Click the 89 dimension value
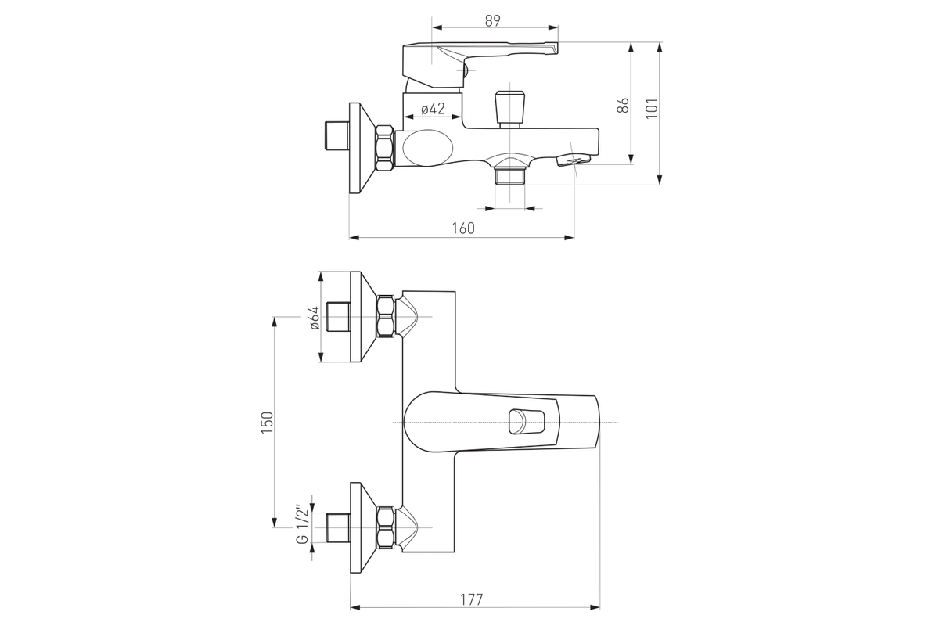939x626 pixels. (493, 20)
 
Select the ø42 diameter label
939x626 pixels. (433, 109)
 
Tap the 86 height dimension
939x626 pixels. (624, 105)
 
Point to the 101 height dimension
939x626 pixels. (652, 108)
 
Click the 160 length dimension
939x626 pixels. (463, 228)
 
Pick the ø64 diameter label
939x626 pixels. (315, 318)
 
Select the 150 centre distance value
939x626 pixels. (267, 423)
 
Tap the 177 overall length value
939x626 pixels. (472, 599)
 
